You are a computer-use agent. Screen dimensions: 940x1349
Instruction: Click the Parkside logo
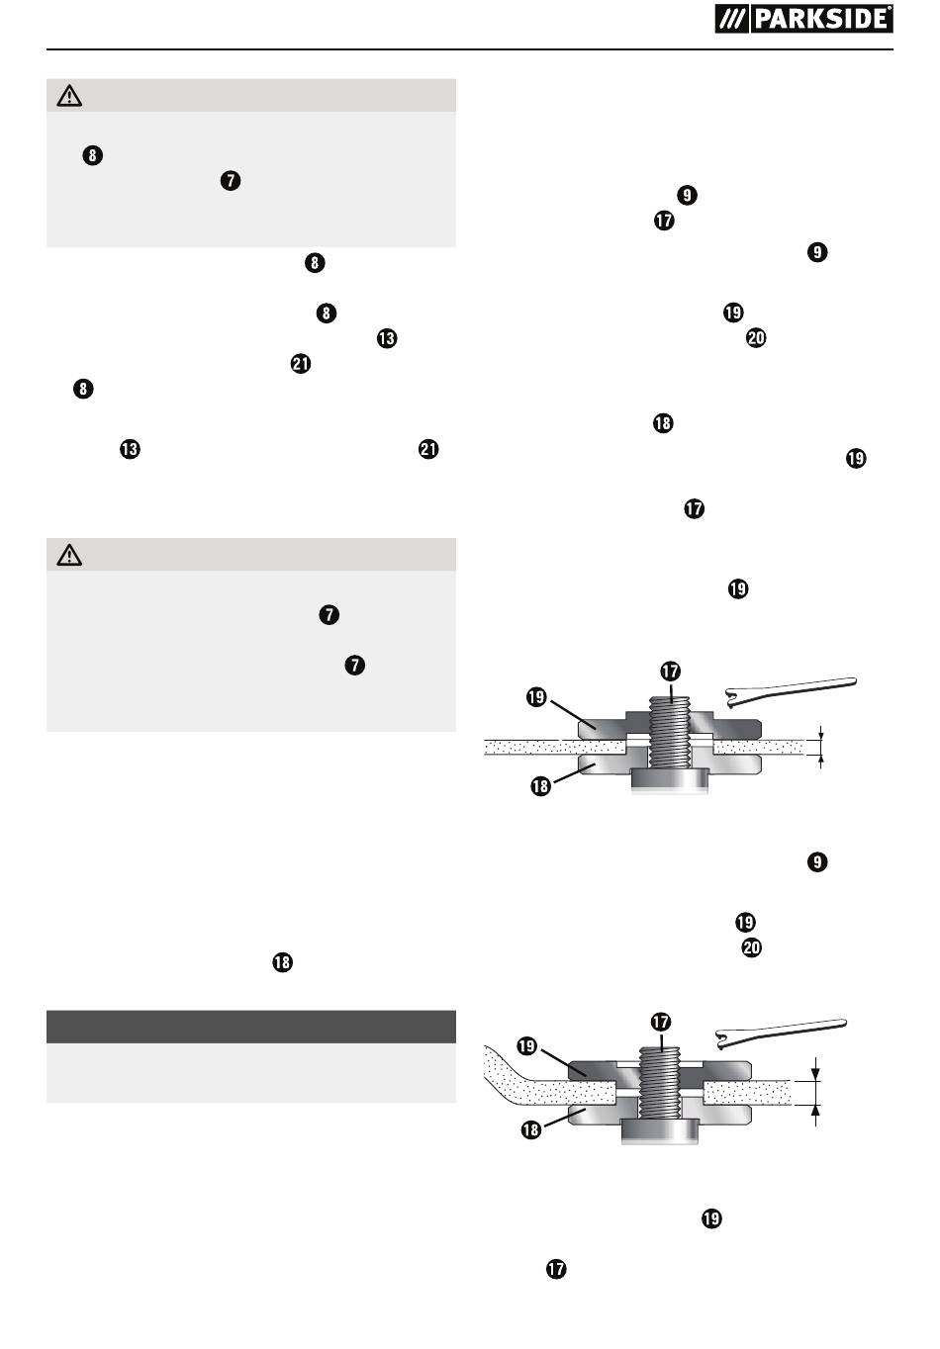tap(803, 19)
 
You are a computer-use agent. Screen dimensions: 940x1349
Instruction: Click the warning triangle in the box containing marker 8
tap(69, 96)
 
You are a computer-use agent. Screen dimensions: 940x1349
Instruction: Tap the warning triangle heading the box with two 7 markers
tap(69, 555)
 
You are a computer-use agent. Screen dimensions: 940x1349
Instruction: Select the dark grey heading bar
tap(251, 1027)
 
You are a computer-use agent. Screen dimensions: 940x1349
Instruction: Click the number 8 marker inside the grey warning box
tap(92, 155)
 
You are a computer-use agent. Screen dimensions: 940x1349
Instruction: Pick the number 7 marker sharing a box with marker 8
tap(231, 181)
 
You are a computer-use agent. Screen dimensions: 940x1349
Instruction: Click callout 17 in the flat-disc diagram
tap(670, 671)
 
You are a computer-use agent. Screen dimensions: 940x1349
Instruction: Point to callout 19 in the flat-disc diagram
tap(536, 697)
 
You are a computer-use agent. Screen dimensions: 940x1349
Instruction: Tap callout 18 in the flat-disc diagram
tap(540, 786)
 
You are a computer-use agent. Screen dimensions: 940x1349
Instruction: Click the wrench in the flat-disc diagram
tap(791, 689)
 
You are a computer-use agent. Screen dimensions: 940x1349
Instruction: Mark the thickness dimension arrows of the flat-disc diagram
tap(820, 747)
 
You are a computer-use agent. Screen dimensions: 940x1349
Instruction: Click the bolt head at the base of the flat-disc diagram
tap(670, 780)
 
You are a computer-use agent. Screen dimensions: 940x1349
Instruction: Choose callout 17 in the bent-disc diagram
tap(660, 1022)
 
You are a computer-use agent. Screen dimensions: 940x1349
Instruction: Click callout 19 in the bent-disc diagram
tap(526, 1045)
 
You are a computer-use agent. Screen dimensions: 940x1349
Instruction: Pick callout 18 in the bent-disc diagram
tap(531, 1129)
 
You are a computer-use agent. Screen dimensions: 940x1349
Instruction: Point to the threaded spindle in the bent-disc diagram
tap(660, 1082)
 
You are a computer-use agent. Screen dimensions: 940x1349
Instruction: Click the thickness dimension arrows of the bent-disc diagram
tap(815, 1093)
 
